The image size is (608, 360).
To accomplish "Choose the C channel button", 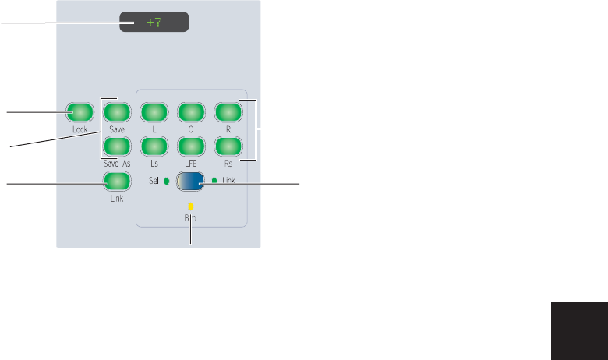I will pyautogui.click(x=190, y=112).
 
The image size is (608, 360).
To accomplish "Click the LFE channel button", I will pyautogui.click(x=190, y=146).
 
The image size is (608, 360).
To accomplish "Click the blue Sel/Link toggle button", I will pyautogui.click(x=190, y=182).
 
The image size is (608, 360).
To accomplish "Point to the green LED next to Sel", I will pyautogui.click(x=165, y=182).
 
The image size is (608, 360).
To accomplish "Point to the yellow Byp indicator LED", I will pyautogui.click(x=190, y=207).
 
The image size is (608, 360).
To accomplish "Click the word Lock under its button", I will pyautogui.click(x=79, y=129).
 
